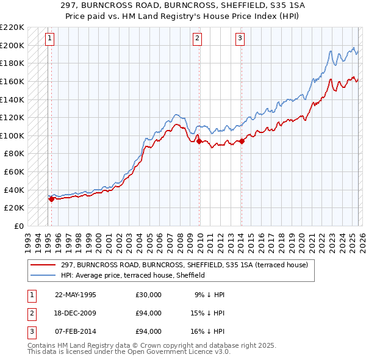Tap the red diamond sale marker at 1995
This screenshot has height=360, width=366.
pos(51,198)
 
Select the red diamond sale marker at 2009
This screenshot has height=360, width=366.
pos(199,141)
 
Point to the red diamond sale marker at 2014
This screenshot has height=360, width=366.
pos(242,141)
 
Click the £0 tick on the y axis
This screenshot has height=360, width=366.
pos(20,226)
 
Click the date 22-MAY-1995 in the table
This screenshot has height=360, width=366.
pos(76,295)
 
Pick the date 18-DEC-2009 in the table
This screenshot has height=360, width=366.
pos(76,313)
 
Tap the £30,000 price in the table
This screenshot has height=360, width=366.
pos(149,295)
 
